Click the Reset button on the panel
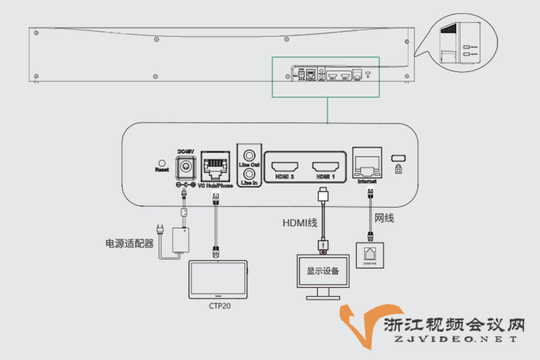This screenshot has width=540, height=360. click(161, 163)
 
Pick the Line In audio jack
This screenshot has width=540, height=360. click(250, 173)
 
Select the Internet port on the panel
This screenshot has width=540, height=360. click(367, 163)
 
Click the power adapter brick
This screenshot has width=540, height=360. click(181, 239)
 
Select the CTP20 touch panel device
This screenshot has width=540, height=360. click(218, 279)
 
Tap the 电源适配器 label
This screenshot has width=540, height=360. click(130, 244)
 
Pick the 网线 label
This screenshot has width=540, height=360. click(384, 218)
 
